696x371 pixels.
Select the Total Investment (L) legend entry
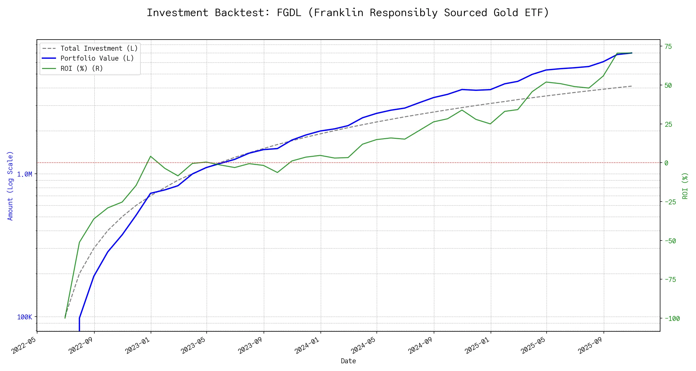pos(99,49)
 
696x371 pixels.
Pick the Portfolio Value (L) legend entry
pos(97,58)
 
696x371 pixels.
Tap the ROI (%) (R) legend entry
pos(82,68)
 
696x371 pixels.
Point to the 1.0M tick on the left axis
pos(24,174)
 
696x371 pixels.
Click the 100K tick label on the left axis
pos(24,317)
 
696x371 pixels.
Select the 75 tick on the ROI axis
pos(668,47)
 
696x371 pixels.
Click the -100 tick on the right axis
pos(672,319)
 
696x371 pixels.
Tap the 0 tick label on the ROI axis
pos(667,163)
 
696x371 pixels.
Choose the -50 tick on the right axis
pos(670,241)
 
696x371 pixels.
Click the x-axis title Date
pos(348,361)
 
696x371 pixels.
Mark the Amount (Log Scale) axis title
pos(10,185)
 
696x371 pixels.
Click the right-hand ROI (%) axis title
pos(685,185)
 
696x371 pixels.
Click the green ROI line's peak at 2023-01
pos(151,156)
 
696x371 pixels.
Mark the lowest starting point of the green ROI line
pos(65,318)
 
